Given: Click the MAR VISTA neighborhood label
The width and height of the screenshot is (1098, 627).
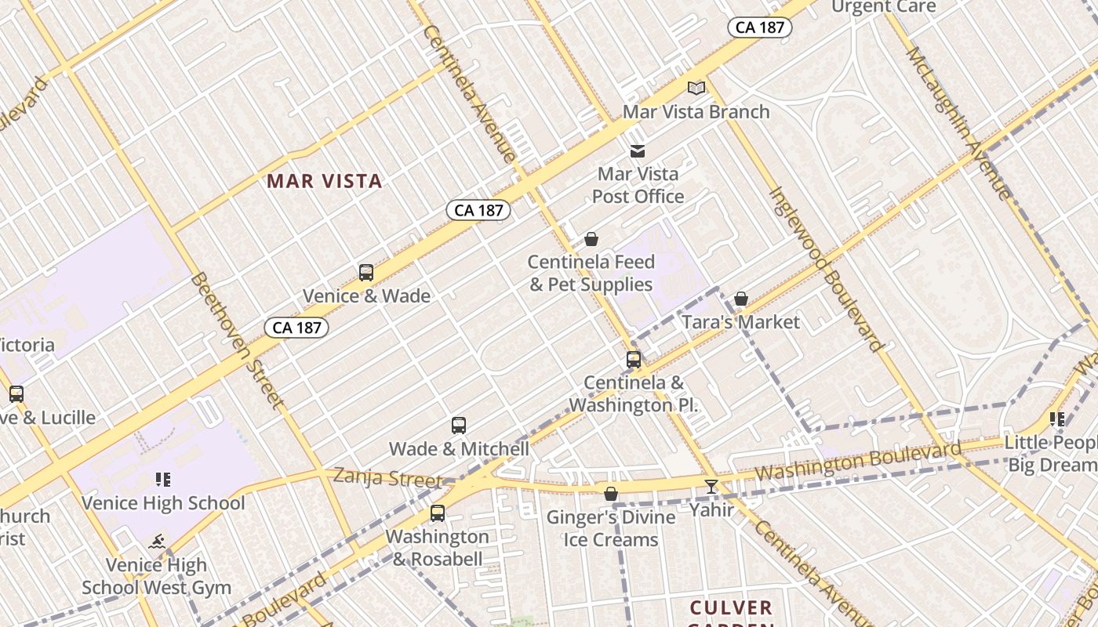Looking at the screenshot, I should pyautogui.click(x=324, y=181).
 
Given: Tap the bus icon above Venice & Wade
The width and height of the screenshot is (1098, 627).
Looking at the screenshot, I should pyautogui.click(x=366, y=273).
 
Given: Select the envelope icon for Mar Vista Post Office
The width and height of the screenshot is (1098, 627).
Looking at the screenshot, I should pyautogui.click(x=638, y=151).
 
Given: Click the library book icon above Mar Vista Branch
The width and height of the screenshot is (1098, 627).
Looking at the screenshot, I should pyautogui.click(x=696, y=88).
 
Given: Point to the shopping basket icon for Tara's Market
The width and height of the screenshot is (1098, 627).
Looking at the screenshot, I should pyautogui.click(x=741, y=299).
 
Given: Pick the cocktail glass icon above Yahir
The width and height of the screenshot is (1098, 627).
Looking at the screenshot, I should pyautogui.click(x=711, y=487).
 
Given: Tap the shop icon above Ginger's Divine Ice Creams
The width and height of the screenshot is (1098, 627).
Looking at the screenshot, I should pyautogui.click(x=611, y=494).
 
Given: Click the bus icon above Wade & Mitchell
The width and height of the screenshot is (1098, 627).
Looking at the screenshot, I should pyautogui.click(x=459, y=426).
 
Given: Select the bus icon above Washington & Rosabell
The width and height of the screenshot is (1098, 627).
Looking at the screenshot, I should pyautogui.click(x=438, y=513).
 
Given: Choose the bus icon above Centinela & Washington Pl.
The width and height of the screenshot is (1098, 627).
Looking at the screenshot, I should pyautogui.click(x=634, y=360).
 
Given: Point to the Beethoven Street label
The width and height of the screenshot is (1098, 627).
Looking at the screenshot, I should pyautogui.click(x=237, y=341).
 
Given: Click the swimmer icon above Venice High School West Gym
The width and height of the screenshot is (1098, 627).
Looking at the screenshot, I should pyautogui.click(x=158, y=542).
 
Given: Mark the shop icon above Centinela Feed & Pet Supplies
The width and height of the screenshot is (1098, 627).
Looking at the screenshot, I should pyautogui.click(x=591, y=239).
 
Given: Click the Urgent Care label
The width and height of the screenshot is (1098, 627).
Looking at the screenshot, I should pyautogui.click(x=883, y=7).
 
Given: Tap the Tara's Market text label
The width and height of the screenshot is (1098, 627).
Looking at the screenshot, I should pyautogui.click(x=740, y=322).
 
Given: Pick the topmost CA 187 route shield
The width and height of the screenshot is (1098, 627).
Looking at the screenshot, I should pyautogui.click(x=759, y=27).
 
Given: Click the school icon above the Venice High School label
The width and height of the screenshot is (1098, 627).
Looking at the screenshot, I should pyautogui.click(x=162, y=480).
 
